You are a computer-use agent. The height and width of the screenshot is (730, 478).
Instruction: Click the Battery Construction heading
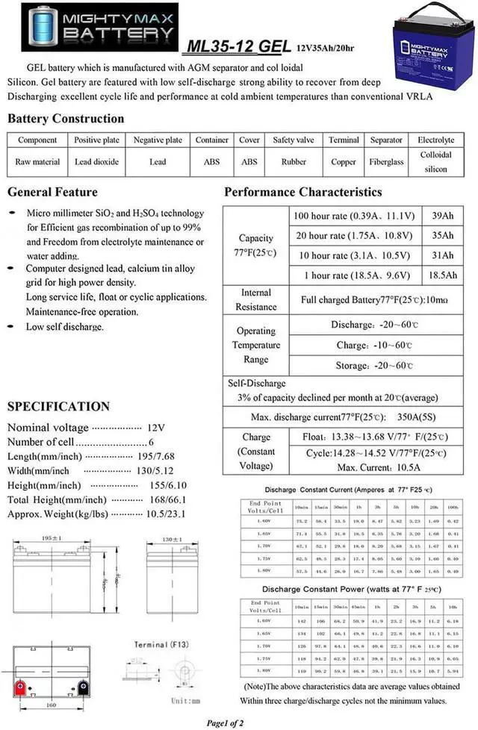[x=66, y=119]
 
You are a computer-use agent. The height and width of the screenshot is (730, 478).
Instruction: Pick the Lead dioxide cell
[x=96, y=161]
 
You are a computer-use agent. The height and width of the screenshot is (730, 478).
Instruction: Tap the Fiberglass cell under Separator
[x=386, y=161]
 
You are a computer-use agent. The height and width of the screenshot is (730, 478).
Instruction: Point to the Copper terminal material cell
[x=344, y=161]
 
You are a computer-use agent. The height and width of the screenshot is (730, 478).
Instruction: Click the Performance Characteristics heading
[x=302, y=192]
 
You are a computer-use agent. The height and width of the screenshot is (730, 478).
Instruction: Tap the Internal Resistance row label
[x=256, y=299]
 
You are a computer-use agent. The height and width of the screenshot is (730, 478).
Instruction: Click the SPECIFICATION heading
[x=58, y=407]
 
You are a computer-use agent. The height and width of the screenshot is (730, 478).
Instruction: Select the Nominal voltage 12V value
[x=155, y=428]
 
